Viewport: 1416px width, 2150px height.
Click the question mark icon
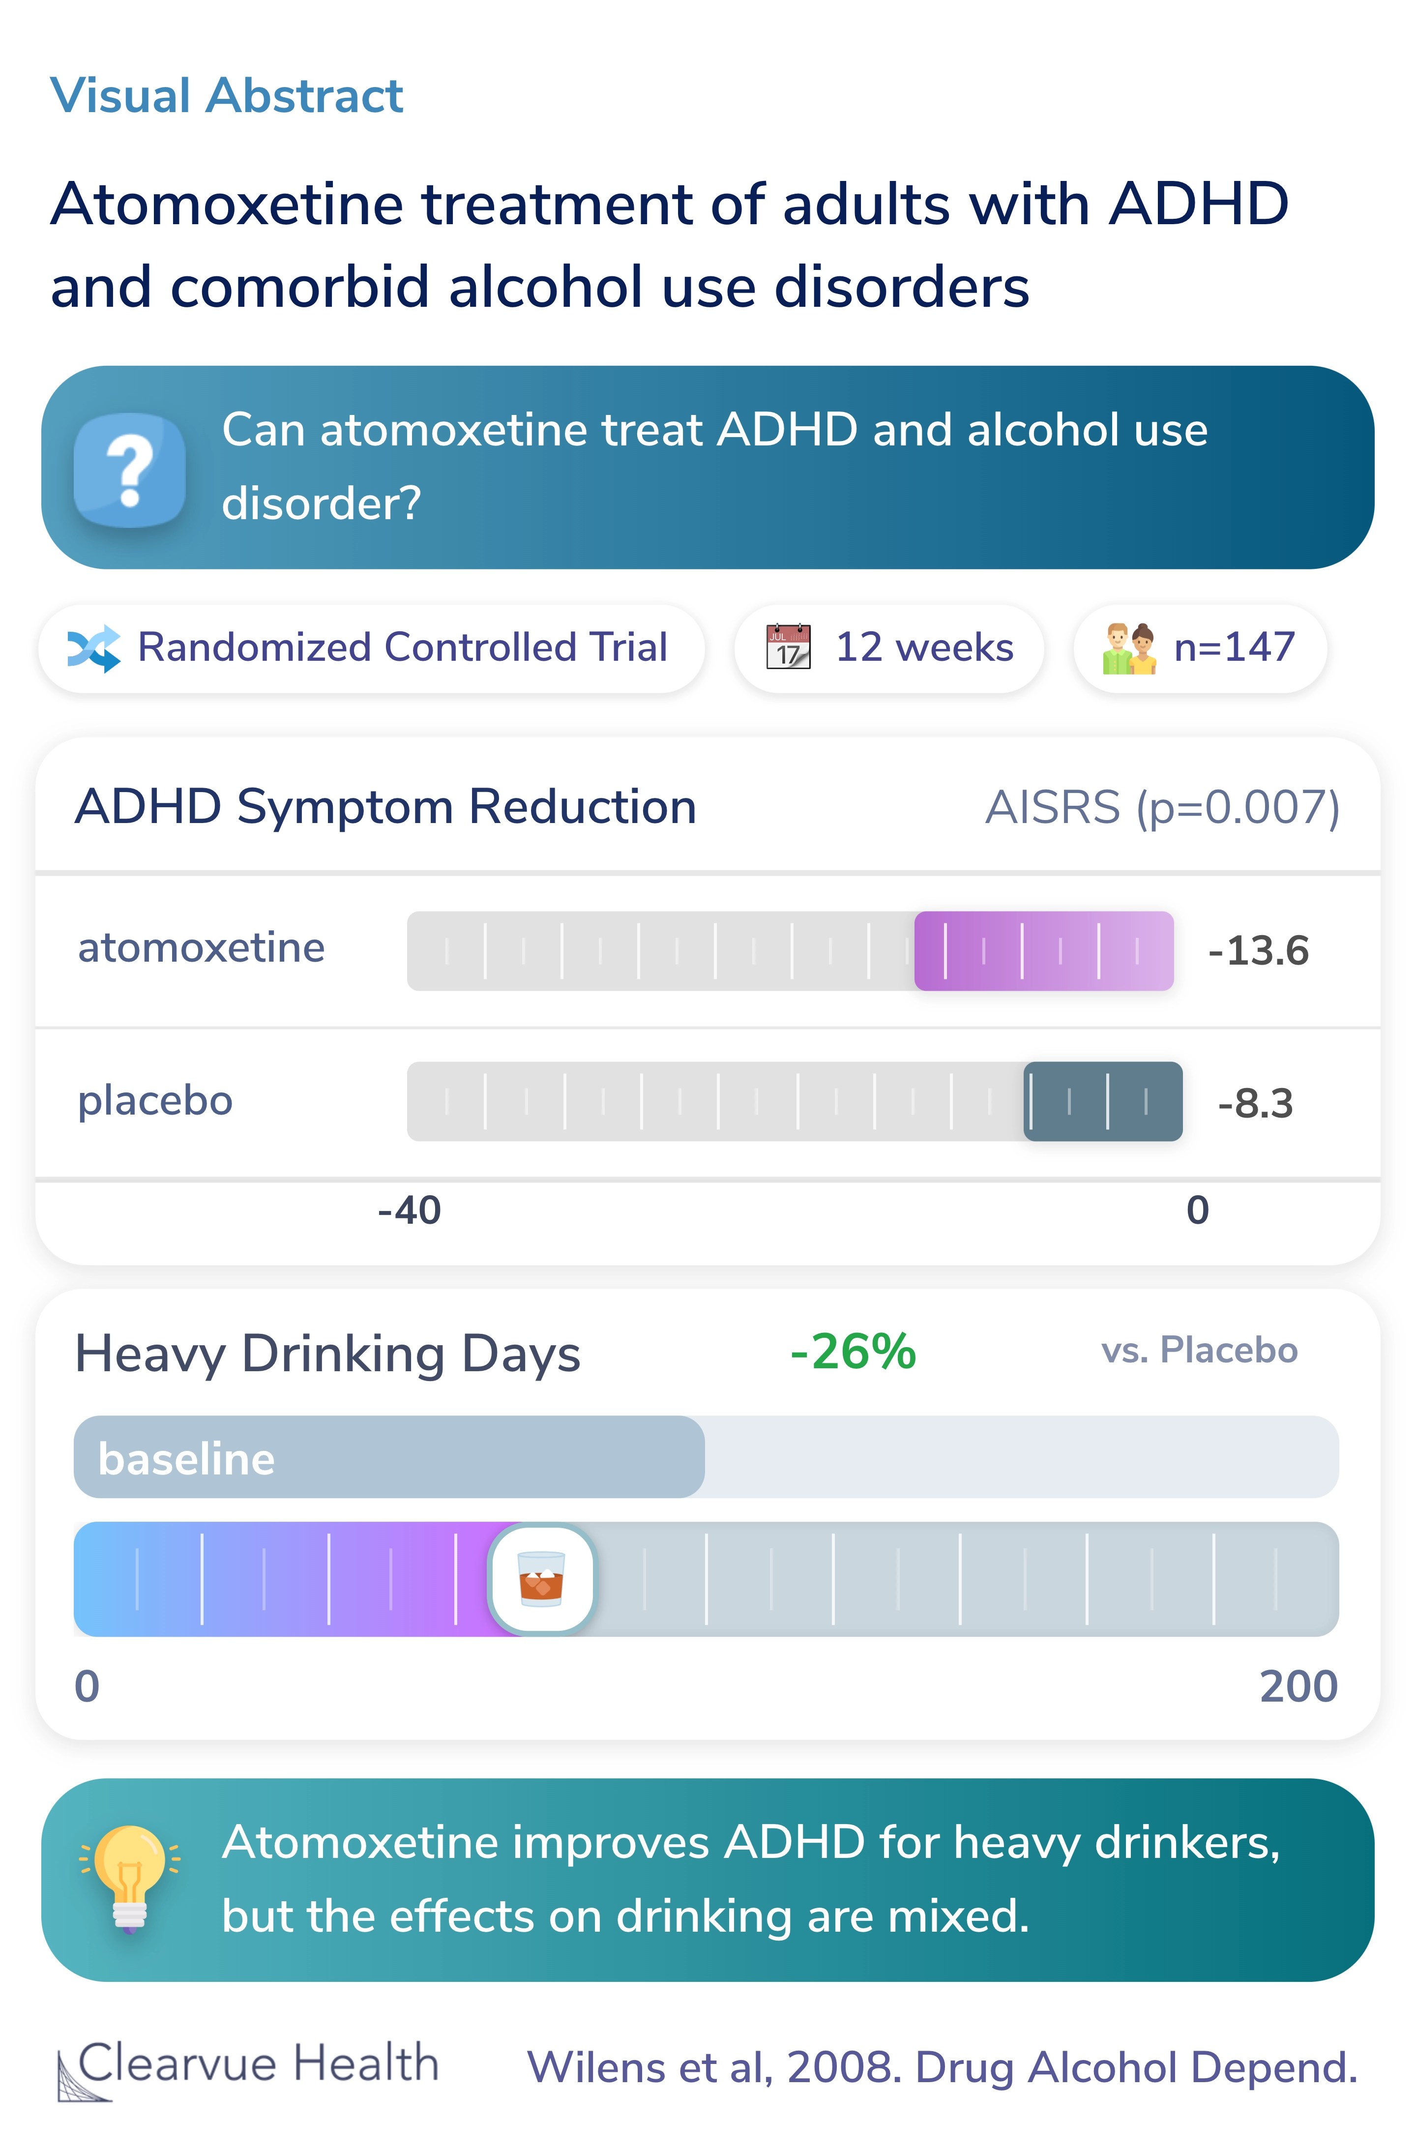point(130,470)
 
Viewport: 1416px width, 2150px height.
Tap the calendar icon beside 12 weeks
point(788,647)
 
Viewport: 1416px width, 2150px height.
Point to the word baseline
point(186,1459)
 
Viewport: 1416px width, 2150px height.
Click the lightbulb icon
point(129,1877)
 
